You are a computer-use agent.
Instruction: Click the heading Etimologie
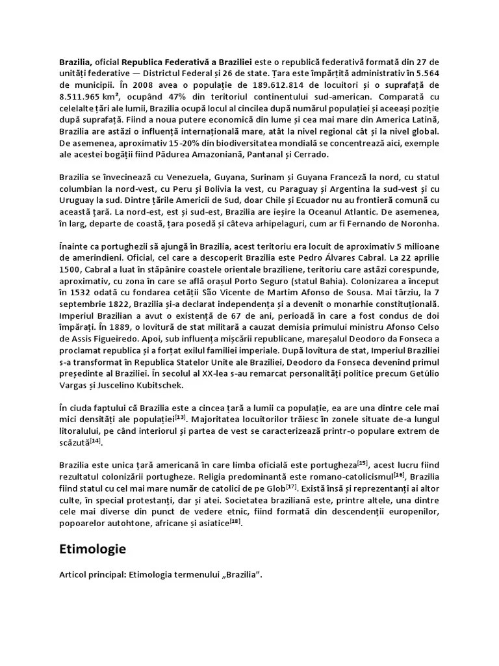click(92, 549)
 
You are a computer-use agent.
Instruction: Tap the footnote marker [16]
click(398, 473)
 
